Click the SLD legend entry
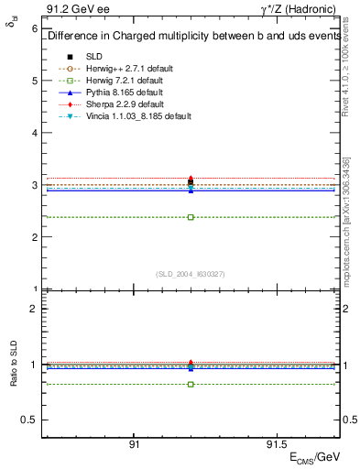pyautogui.click(x=93, y=56)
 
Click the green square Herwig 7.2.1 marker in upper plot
pyautogui.click(x=191, y=217)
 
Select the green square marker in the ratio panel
pyautogui.click(x=191, y=384)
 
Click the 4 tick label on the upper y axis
pyautogui.click(x=35, y=133)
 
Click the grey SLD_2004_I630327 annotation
pyautogui.click(x=191, y=274)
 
